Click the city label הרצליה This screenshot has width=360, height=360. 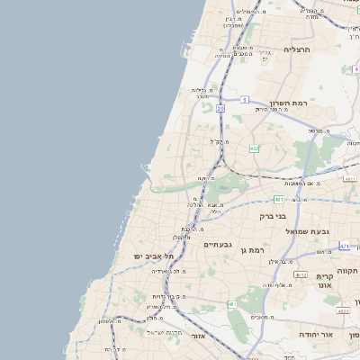[x=296, y=49]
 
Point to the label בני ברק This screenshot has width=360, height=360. [x=292, y=216]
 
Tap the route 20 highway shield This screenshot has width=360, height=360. [x=220, y=107]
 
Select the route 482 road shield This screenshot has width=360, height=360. [x=255, y=148]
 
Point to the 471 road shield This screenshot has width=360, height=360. [x=345, y=245]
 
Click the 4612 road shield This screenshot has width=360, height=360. [x=301, y=274]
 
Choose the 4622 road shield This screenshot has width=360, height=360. [x=343, y=310]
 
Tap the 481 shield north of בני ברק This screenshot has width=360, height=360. [x=279, y=199]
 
